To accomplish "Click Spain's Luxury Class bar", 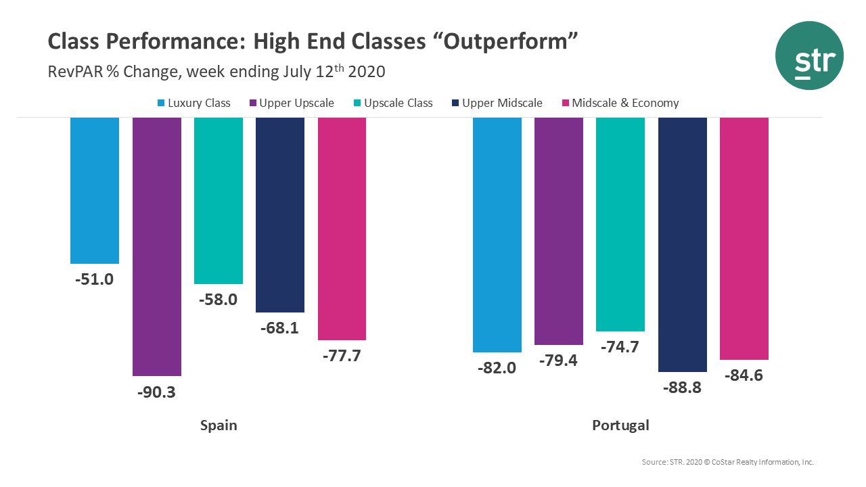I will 95,190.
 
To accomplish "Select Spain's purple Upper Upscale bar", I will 157,246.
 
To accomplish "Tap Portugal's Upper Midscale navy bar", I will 683,244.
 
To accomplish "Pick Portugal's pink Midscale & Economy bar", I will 744,238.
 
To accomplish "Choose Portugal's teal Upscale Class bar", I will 620,224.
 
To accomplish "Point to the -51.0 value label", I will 94,279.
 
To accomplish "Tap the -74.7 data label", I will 620,347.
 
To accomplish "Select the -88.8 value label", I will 682,388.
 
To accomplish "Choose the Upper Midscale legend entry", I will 502,103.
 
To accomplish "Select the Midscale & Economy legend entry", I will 625,103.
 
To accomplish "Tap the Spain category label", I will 219,425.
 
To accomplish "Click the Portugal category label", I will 620,425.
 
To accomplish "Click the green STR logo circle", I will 809,56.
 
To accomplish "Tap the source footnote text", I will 727,462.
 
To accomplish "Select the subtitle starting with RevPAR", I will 216,71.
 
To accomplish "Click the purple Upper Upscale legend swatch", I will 253,103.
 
